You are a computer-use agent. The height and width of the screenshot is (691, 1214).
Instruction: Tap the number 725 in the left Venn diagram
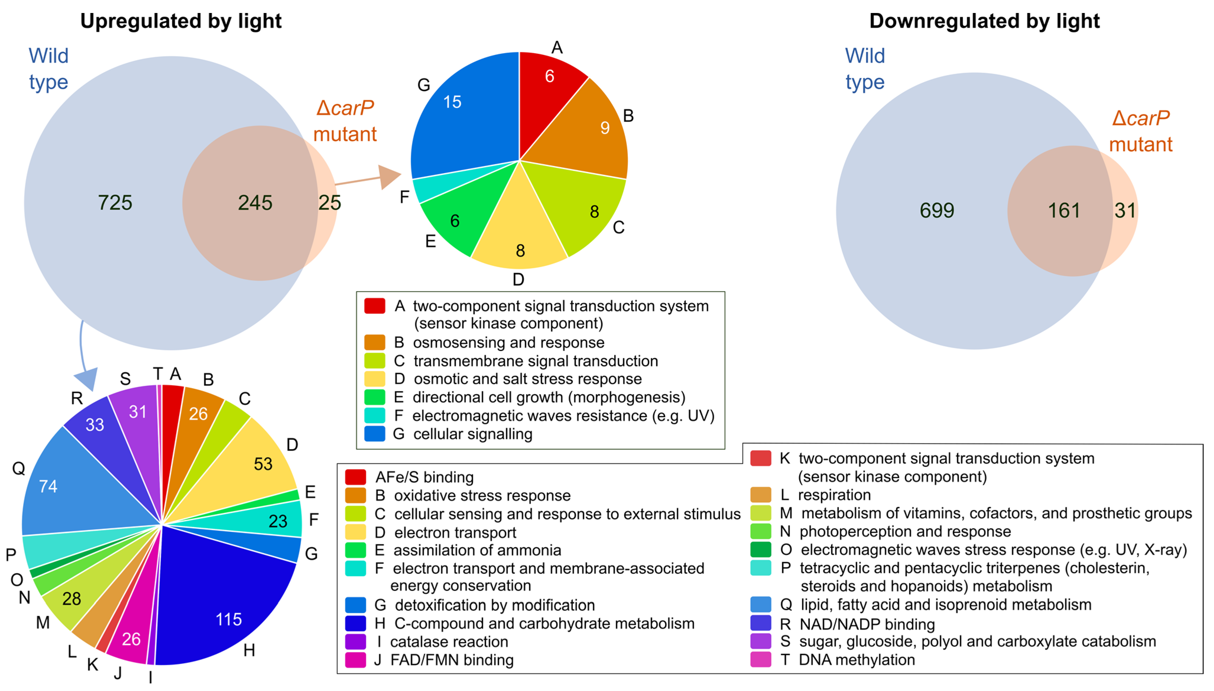point(115,203)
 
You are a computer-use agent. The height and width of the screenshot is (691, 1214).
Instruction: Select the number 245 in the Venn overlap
point(255,203)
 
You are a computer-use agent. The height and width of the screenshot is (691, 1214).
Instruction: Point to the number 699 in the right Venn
point(936,210)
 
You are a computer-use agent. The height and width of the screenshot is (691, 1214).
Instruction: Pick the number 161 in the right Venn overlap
point(1064,210)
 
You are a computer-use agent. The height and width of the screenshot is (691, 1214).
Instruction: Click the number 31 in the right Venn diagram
point(1125,210)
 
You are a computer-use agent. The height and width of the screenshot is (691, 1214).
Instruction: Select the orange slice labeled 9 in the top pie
point(589,133)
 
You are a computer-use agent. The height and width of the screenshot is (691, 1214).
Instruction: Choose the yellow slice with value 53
point(251,465)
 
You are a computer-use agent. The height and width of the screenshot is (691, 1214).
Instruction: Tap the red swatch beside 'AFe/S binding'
point(355,477)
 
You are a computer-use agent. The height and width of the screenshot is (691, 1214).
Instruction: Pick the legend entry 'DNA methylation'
point(857,660)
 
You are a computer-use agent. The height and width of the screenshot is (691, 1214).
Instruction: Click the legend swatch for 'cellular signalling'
point(374,434)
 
